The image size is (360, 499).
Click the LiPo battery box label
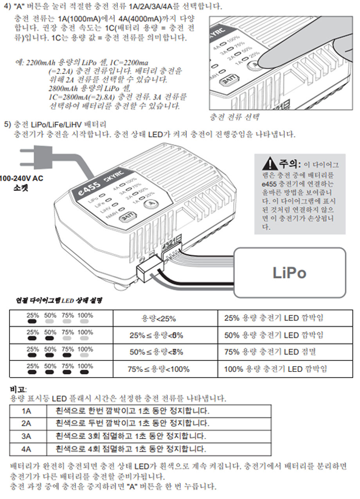pos(289,273)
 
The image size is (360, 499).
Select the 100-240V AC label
pos(21,179)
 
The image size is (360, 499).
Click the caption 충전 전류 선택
pos(234,117)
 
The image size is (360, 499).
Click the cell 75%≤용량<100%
pos(158,369)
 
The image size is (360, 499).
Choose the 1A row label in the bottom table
pos(27,411)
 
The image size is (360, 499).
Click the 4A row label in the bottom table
pos(27,449)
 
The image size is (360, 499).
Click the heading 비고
pos(18,389)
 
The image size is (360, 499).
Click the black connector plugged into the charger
pos(149,270)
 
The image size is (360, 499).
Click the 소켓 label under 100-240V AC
pos(20,187)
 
